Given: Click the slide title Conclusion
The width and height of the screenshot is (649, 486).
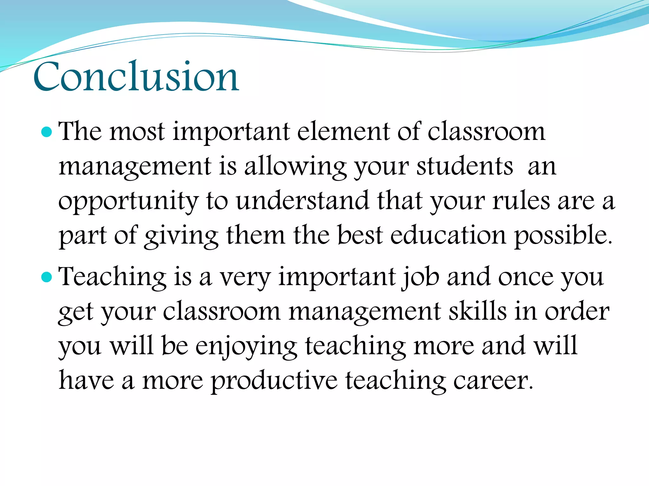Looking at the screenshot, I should pyautogui.click(x=136, y=77).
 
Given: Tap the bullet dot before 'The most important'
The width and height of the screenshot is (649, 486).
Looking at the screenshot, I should pyautogui.click(x=47, y=132).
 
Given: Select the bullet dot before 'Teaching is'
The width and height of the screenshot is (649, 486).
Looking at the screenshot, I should pyautogui.click(x=47, y=277).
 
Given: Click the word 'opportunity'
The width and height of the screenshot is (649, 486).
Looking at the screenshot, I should pyautogui.click(x=129, y=202).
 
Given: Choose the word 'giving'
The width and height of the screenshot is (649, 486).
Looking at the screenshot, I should pyautogui.click(x=181, y=236).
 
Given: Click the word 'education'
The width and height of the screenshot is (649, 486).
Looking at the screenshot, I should pyautogui.click(x=448, y=235).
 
